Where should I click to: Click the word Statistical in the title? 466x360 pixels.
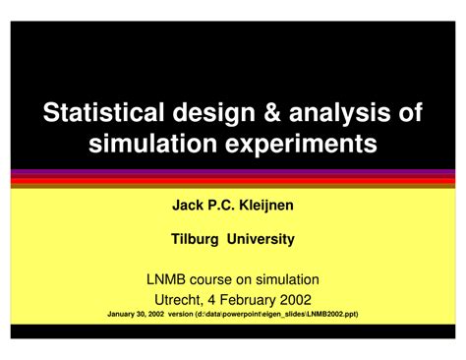(103, 112)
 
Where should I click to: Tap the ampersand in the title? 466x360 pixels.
(272, 112)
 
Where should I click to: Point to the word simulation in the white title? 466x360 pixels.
(152, 143)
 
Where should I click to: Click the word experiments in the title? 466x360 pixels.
(301, 145)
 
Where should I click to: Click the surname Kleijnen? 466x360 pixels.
(266, 206)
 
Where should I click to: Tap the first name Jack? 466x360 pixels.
(188, 206)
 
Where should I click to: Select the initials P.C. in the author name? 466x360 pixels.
(221, 206)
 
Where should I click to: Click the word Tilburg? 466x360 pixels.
(195, 240)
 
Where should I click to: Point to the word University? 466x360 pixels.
(261, 240)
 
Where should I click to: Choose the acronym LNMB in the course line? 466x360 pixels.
(166, 279)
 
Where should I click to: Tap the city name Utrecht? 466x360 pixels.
(179, 300)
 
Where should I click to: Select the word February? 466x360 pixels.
(248, 301)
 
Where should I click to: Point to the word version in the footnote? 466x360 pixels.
(181, 314)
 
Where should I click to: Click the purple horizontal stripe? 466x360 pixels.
(233, 171)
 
